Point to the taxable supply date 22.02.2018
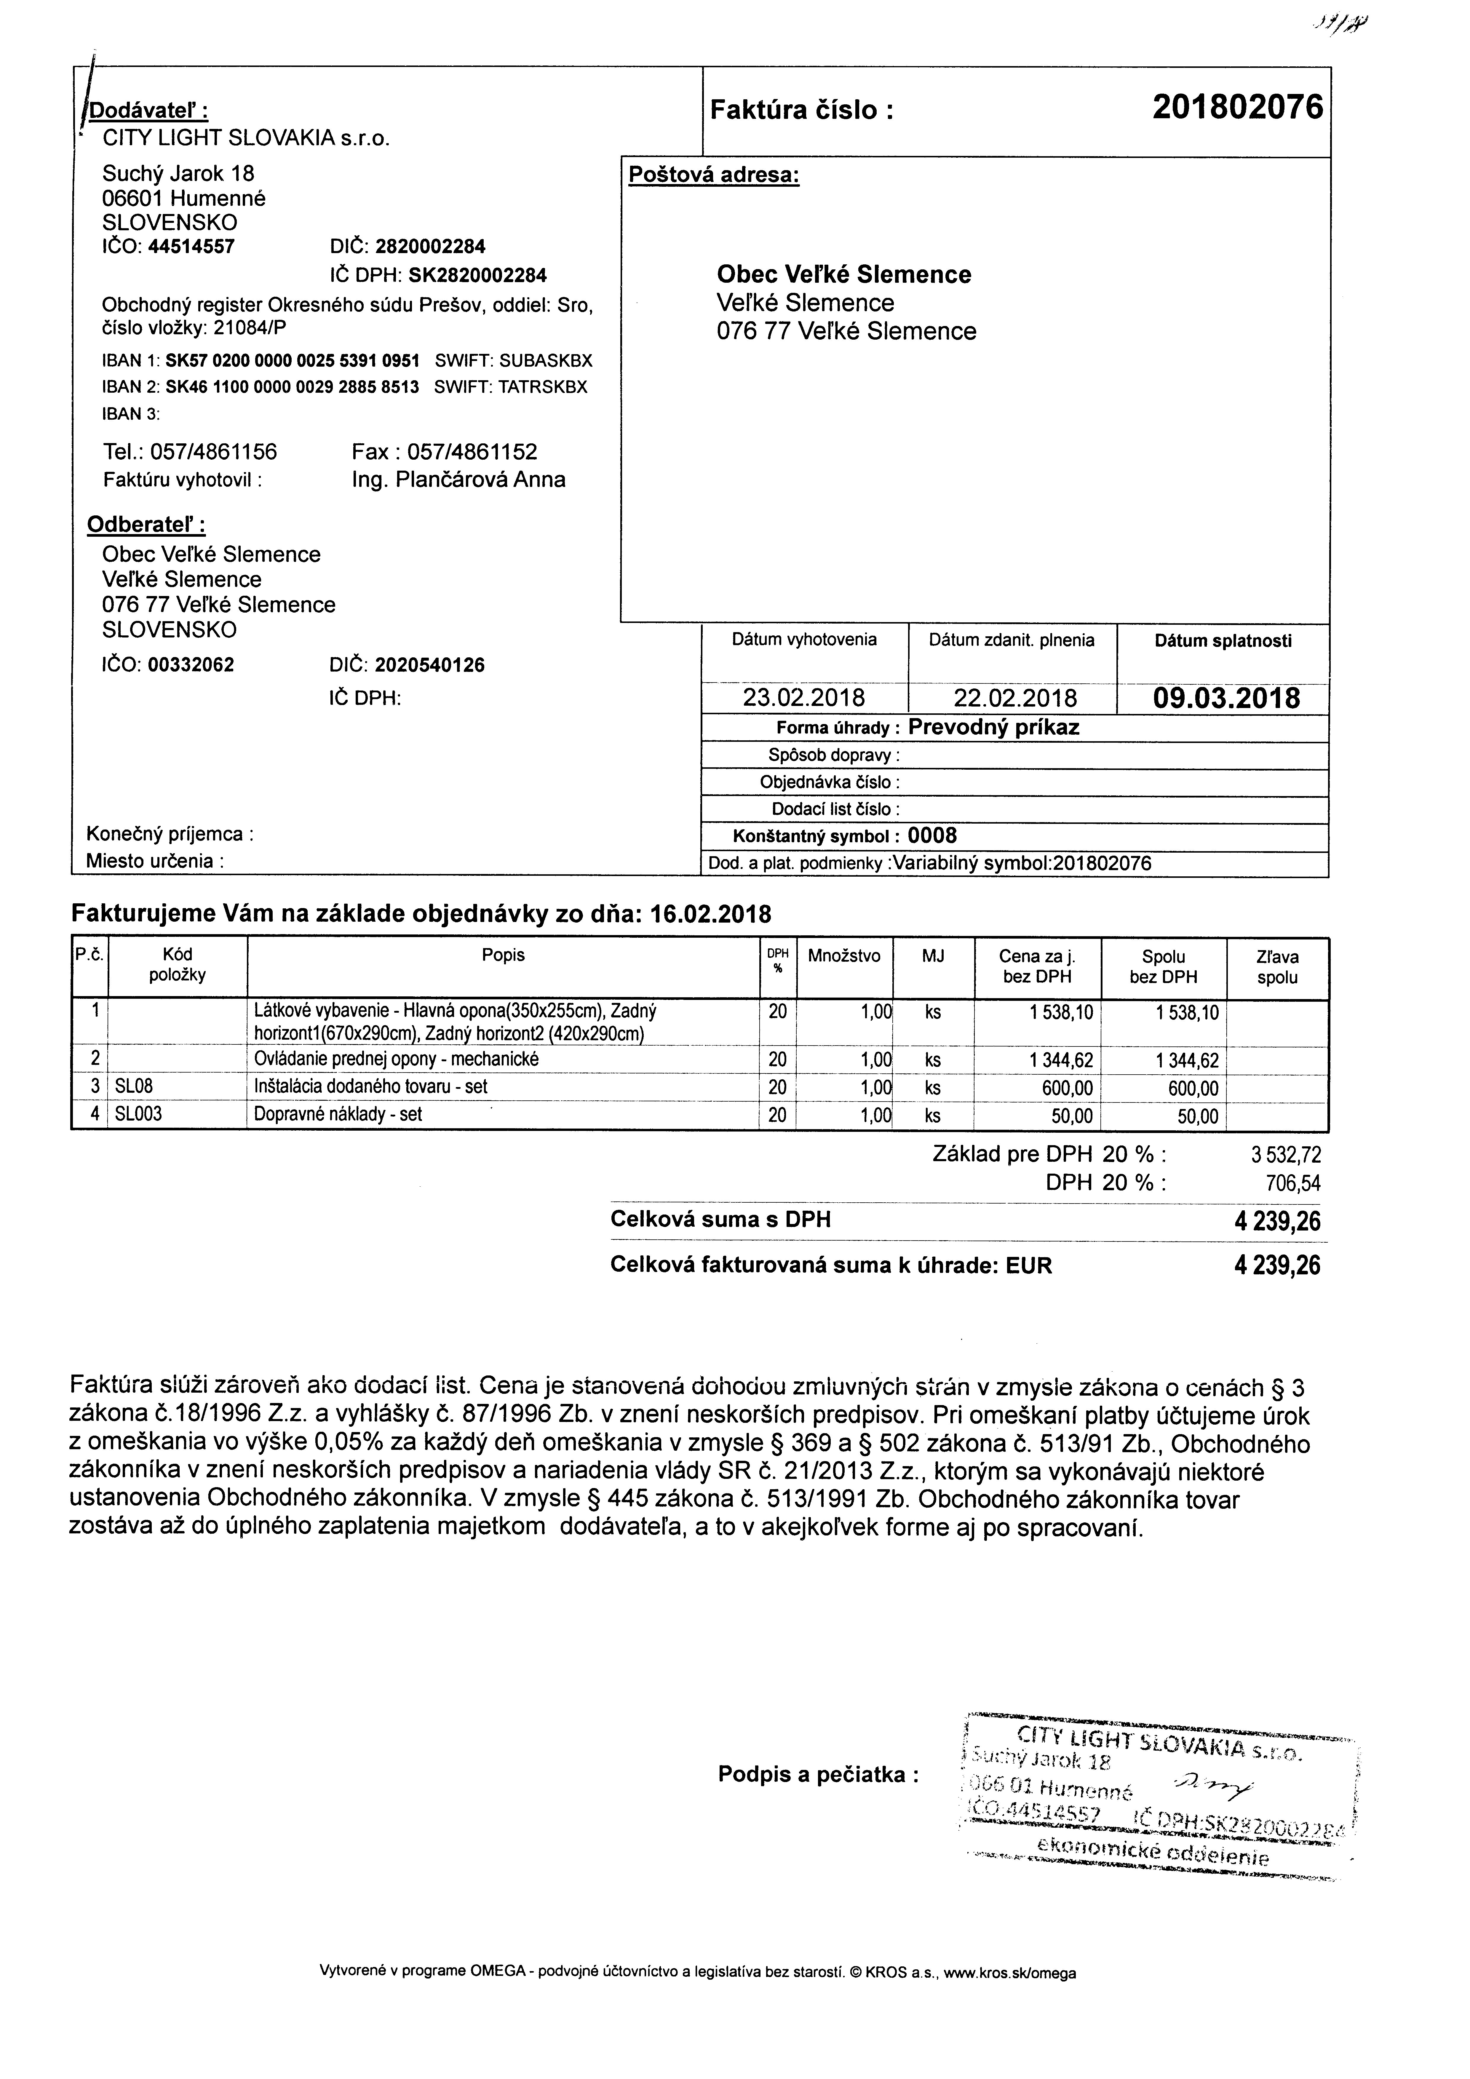click(1014, 698)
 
